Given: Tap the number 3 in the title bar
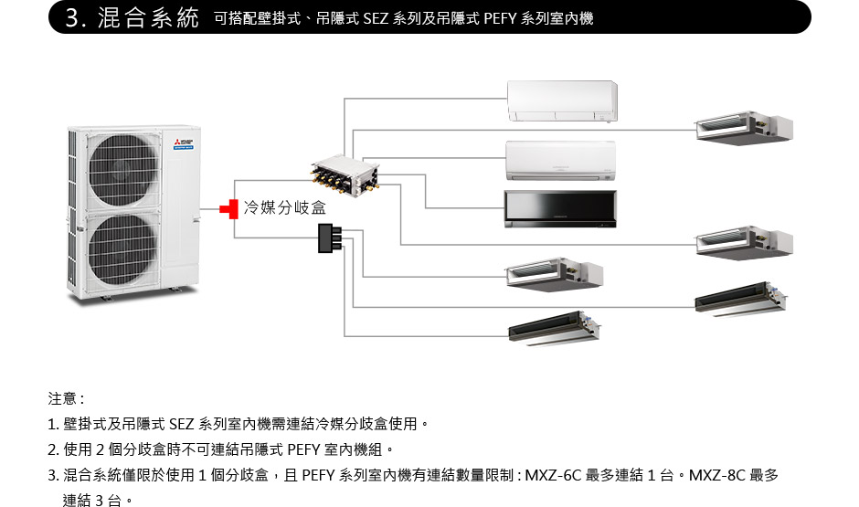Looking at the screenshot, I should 72,18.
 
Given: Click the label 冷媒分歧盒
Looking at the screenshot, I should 284,210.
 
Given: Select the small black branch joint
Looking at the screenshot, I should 327,238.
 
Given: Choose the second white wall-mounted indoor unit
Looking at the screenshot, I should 560,160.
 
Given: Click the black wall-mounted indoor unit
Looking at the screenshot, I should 560,208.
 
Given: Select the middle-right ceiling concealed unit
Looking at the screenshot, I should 743,241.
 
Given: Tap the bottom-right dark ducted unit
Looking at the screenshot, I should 741,300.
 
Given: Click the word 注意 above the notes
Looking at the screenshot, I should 63,399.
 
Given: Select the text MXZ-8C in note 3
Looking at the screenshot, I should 718,475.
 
